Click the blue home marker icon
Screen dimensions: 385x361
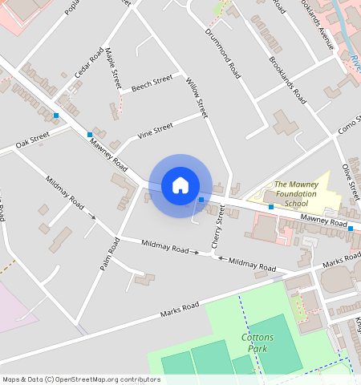(180, 185)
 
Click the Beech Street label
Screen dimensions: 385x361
(152, 83)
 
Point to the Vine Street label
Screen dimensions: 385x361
(155, 129)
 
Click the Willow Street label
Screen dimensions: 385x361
(197, 99)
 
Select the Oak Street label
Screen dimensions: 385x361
(33, 140)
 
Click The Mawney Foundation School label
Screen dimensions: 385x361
(297, 194)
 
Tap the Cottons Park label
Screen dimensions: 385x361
(258, 343)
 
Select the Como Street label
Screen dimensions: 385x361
(349, 125)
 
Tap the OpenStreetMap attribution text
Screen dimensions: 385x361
(80, 379)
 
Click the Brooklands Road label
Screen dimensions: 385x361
(288, 80)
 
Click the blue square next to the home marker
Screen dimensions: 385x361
(201, 199)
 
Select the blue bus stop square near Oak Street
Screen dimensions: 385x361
(56, 116)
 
